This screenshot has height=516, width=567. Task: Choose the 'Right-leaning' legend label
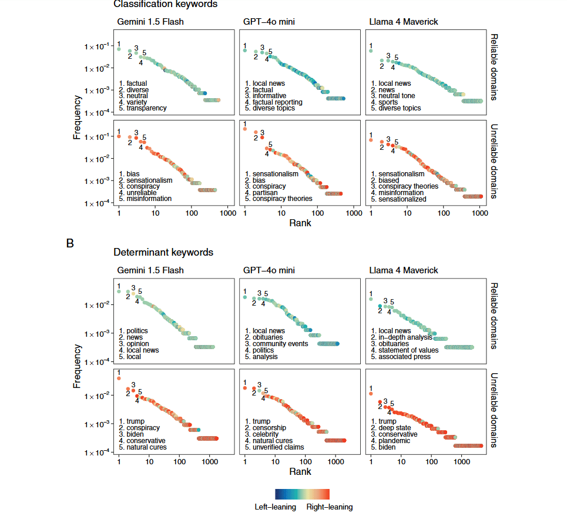[x=330, y=507]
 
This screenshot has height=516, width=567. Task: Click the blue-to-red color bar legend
[x=303, y=494]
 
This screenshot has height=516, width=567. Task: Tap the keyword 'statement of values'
[x=408, y=350]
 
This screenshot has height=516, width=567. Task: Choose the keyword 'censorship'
[x=270, y=428]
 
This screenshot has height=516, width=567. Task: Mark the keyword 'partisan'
[x=265, y=193]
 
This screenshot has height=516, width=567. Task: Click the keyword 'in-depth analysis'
[x=405, y=337]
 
